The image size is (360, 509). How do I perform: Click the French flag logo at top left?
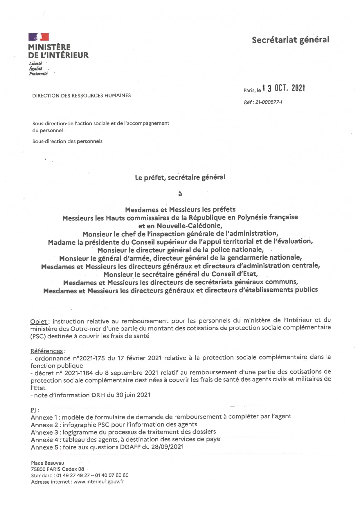click(38, 37)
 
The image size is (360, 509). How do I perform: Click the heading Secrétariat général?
click(290, 40)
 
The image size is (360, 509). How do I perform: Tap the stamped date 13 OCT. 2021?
click(283, 88)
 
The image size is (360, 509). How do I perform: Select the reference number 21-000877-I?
click(269, 102)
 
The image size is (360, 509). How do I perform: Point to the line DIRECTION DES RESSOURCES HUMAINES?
click(82, 95)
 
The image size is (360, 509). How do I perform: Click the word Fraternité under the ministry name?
click(38, 74)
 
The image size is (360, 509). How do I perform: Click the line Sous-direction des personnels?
click(67, 142)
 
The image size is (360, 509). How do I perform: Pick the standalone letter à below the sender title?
click(180, 194)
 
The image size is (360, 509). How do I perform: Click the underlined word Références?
click(46, 351)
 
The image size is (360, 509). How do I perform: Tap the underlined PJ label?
click(34, 410)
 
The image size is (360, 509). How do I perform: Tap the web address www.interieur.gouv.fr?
click(99, 482)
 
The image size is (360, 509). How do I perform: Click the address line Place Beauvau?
click(48, 463)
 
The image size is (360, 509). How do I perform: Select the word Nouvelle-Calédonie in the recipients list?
click(189, 225)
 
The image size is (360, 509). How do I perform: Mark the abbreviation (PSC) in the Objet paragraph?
click(38, 336)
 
